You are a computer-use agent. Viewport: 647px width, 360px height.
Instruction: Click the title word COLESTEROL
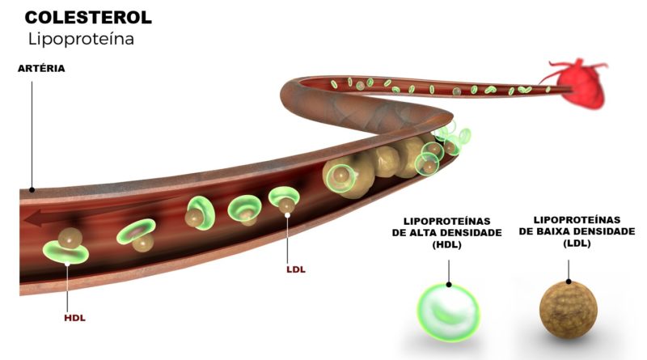[x=88, y=18]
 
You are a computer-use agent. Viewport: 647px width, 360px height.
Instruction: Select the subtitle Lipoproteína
[x=82, y=39]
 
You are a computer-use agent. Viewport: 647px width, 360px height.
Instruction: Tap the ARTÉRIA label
[x=41, y=69]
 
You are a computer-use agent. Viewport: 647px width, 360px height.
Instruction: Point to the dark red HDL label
[x=74, y=318]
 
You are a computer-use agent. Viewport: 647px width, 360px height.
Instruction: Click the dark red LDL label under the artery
[x=296, y=269]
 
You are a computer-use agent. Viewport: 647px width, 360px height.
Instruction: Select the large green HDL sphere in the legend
[x=448, y=313]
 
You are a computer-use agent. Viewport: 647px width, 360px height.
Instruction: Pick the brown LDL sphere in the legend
[x=569, y=310]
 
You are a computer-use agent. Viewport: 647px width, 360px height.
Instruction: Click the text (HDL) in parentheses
[x=447, y=245]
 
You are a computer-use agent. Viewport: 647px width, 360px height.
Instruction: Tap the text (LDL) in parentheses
[x=577, y=244]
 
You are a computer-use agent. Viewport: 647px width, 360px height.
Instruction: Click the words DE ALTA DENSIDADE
[x=447, y=233]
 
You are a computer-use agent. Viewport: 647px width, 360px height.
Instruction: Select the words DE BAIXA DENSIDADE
[x=577, y=231]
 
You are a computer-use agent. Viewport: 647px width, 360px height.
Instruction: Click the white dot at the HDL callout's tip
[x=67, y=264]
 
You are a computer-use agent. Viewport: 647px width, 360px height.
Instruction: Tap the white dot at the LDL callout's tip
[x=287, y=215]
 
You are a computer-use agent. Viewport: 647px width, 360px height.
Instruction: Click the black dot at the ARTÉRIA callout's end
[x=32, y=190]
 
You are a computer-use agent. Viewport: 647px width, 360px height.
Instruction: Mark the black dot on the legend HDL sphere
[x=449, y=285]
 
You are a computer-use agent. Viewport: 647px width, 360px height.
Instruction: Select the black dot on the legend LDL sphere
[x=569, y=282]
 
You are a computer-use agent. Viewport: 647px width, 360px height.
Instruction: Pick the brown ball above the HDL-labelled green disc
[x=70, y=238]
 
